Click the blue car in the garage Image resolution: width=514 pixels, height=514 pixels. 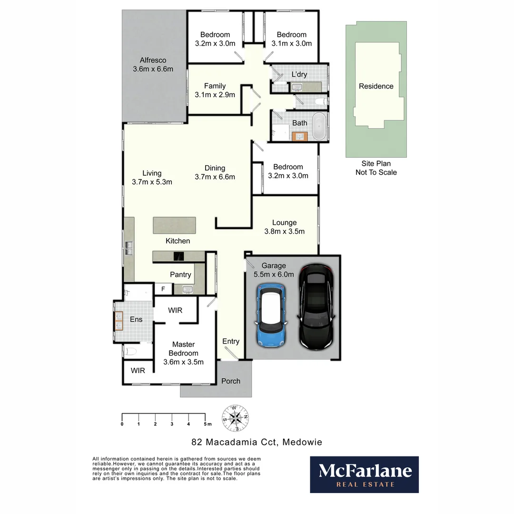271,315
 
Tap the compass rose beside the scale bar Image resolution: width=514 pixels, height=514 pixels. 235,417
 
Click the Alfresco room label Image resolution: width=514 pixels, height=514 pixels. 153,60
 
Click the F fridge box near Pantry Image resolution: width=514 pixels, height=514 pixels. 163,288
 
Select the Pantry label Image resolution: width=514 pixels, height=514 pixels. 180,275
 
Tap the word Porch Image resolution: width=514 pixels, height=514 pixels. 231,381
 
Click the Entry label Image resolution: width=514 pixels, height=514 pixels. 231,341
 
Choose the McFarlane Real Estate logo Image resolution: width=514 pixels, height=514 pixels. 365,474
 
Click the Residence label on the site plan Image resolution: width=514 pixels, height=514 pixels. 376,86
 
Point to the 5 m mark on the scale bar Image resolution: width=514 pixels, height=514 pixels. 206,424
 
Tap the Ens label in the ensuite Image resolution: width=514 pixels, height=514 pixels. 136,319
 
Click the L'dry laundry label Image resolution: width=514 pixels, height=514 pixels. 299,74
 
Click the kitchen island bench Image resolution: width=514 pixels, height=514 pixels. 174,225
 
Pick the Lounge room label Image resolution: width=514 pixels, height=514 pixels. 284,222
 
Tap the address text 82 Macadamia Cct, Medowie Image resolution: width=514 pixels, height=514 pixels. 257,442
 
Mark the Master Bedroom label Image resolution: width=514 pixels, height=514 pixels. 183,344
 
